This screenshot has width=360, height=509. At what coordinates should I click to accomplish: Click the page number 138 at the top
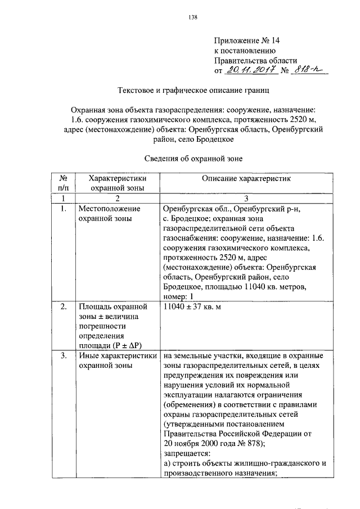pos(193,17)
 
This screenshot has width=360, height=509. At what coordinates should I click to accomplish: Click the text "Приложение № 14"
pos(246,40)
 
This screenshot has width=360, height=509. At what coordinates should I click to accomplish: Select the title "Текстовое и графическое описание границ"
pos(193,90)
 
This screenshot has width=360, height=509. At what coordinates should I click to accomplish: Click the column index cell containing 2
pos(118,198)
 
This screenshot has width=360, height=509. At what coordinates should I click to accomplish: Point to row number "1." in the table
pos(64,209)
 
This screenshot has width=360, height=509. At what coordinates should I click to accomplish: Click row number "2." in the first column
pos(64,307)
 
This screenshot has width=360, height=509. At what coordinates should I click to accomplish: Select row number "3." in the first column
pos(64,356)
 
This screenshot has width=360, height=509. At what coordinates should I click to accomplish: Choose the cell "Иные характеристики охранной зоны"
pos(117,361)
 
